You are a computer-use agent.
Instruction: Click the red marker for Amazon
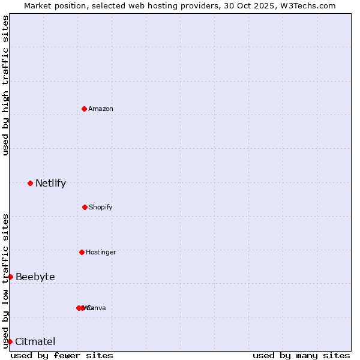pos(85,109)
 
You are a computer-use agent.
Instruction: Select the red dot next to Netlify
pos(30,183)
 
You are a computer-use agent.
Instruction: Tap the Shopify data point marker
pos(85,207)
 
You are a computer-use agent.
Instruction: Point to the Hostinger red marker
pos(82,252)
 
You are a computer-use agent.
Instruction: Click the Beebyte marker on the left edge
pos(10,277)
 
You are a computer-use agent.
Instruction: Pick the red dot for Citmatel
pos(10,341)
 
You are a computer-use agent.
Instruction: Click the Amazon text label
pos(101,109)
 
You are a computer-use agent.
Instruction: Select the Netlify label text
pos(50,183)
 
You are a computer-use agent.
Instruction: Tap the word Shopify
pos(101,207)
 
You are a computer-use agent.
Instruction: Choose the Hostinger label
pos(101,252)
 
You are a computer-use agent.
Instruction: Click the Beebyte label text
pos(35,277)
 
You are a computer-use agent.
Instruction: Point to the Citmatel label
pos(35,341)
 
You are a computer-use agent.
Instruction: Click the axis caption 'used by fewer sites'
pos(62,355)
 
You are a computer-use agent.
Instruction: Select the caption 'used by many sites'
pos(301,355)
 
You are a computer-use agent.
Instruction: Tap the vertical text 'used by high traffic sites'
pos(5,85)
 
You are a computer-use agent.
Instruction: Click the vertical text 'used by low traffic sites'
pos(5,280)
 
